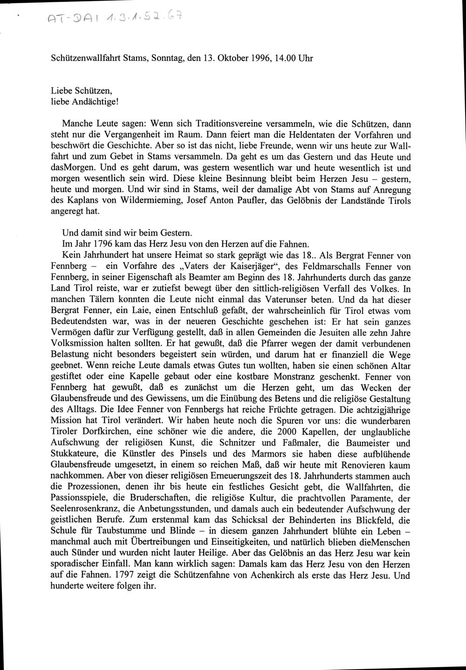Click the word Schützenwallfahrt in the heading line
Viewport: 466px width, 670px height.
(x=82, y=59)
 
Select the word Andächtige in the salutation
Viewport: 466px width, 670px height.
(x=89, y=101)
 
